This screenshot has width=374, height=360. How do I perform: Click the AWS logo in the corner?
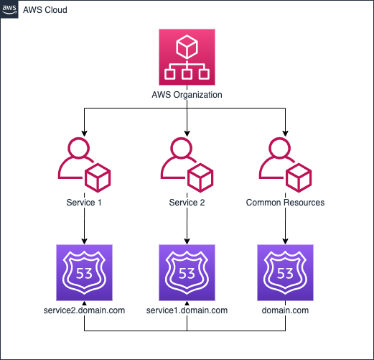pos(9,9)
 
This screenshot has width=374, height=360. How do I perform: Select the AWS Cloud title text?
pos(45,10)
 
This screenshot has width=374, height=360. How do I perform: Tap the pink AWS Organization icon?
pos(187,57)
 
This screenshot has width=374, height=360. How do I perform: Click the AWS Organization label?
pos(187,95)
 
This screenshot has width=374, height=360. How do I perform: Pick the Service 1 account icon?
pos(84,165)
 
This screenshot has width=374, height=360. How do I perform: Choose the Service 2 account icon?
pos(187,165)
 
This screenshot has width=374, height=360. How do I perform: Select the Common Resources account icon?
pos(285,165)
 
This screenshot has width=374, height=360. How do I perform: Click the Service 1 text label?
pos(84,203)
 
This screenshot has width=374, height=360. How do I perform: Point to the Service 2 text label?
pos(187,203)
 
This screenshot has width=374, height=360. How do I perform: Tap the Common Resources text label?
pos(285,203)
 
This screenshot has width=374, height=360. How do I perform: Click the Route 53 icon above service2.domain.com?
pos(84,272)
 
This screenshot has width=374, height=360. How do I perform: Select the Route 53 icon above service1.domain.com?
pos(187,272)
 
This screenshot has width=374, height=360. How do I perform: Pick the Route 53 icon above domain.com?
pos(285,272)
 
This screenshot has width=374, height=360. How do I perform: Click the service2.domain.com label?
pos(84,310)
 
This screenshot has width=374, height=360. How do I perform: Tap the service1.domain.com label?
pos(187,310)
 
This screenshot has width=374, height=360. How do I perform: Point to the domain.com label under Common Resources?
pos(285,310)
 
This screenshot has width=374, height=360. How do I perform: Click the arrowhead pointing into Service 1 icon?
pos(84,134)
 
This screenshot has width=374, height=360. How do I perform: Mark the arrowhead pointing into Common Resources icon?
pos(285,134)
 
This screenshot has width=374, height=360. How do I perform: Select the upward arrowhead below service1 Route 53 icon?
pos(187,303)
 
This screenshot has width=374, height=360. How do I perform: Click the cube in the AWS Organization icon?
pos(187,47)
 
